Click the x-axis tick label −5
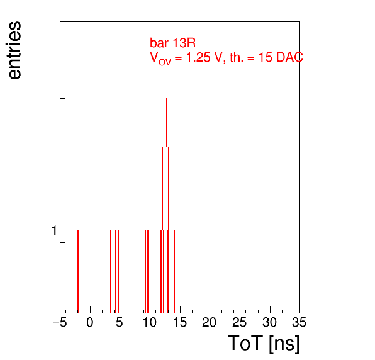59,322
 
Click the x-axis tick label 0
90,322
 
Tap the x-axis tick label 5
120,322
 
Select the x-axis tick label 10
150,322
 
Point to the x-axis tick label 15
179,322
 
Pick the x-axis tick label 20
210,322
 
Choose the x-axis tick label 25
239,322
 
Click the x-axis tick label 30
269,322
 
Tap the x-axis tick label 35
299,322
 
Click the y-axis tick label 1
54,230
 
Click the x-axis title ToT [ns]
264,344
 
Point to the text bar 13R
172,43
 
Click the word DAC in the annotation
289,57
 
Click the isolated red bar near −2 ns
78,271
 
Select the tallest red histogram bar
167,206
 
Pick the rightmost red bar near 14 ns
174,271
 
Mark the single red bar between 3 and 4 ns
111,271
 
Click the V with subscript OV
160,59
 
